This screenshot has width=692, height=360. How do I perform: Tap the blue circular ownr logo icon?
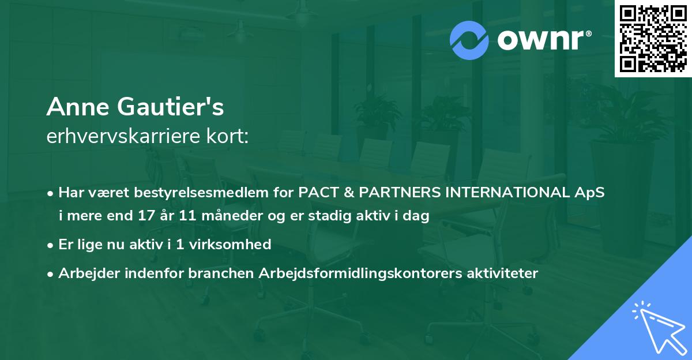point(470,40)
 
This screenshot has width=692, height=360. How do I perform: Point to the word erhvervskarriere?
point(123,136)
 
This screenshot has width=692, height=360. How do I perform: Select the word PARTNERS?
point(394,193)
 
